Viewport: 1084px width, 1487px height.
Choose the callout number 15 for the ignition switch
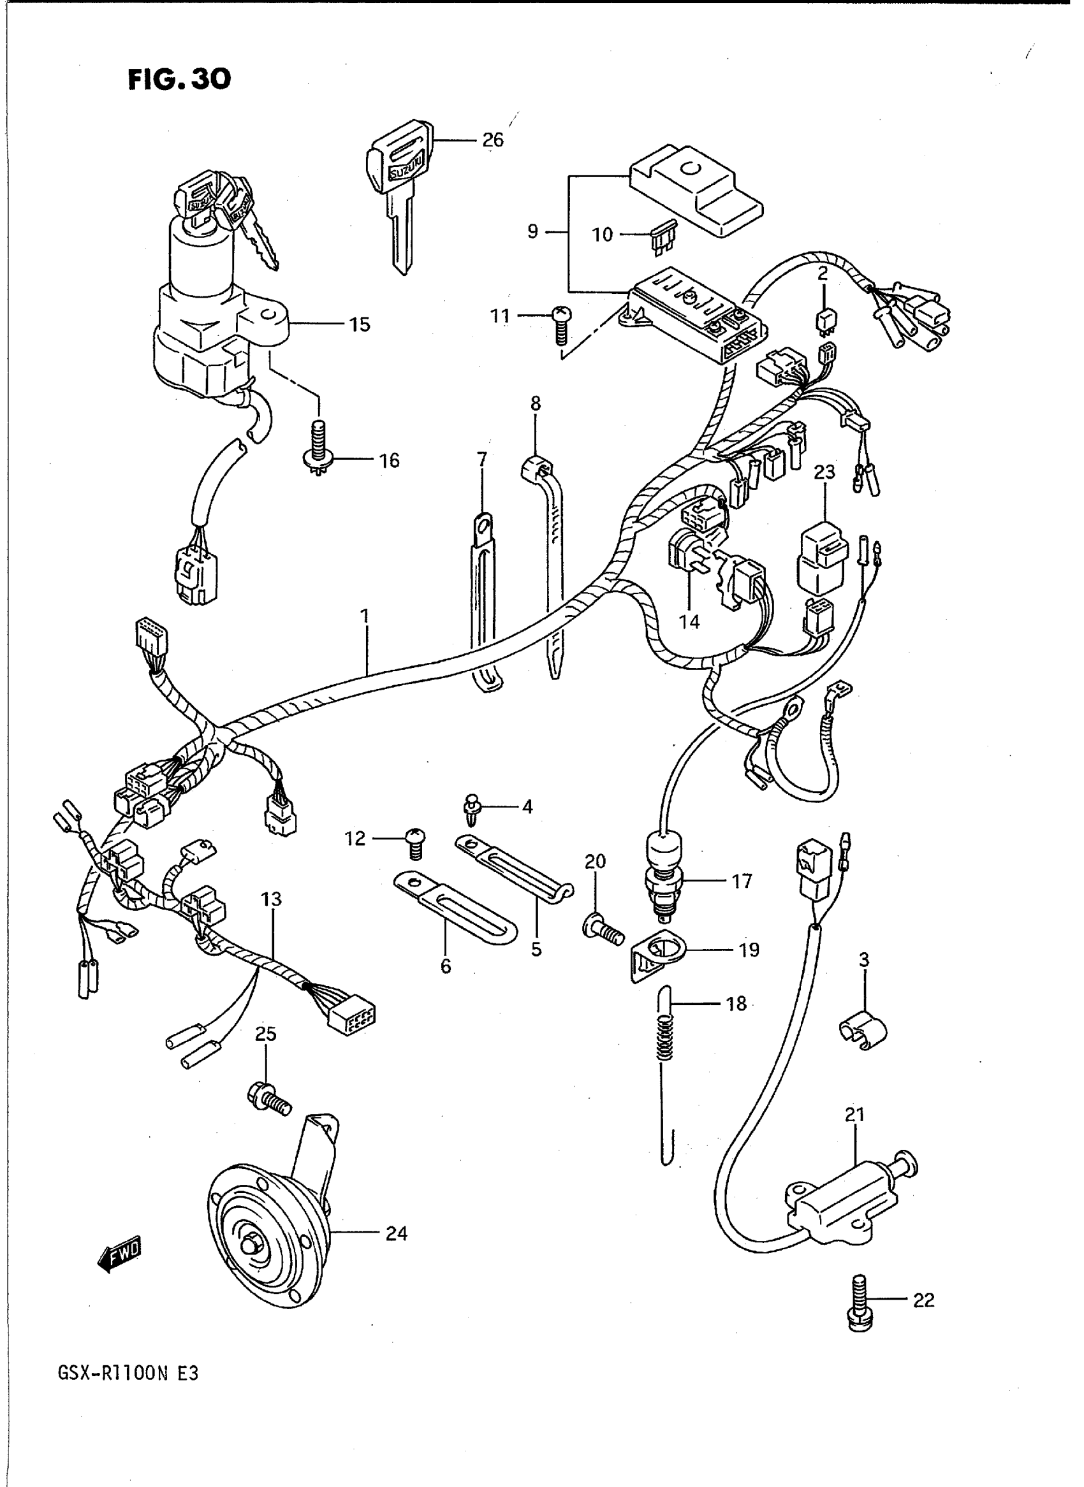(360, 324)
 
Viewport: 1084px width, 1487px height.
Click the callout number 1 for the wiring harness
(364, 616)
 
